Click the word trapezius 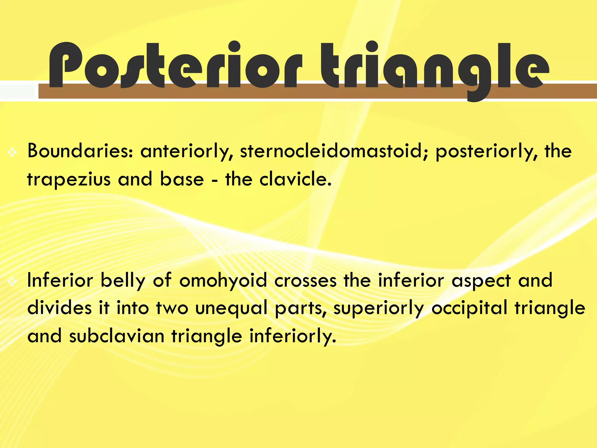pos(69,179)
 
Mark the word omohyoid pos(223,281)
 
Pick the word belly pos(123,281)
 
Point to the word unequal pos(231,308)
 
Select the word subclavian pos(117,335)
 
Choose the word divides pos(60,308)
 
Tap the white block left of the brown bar pos(17,91)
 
